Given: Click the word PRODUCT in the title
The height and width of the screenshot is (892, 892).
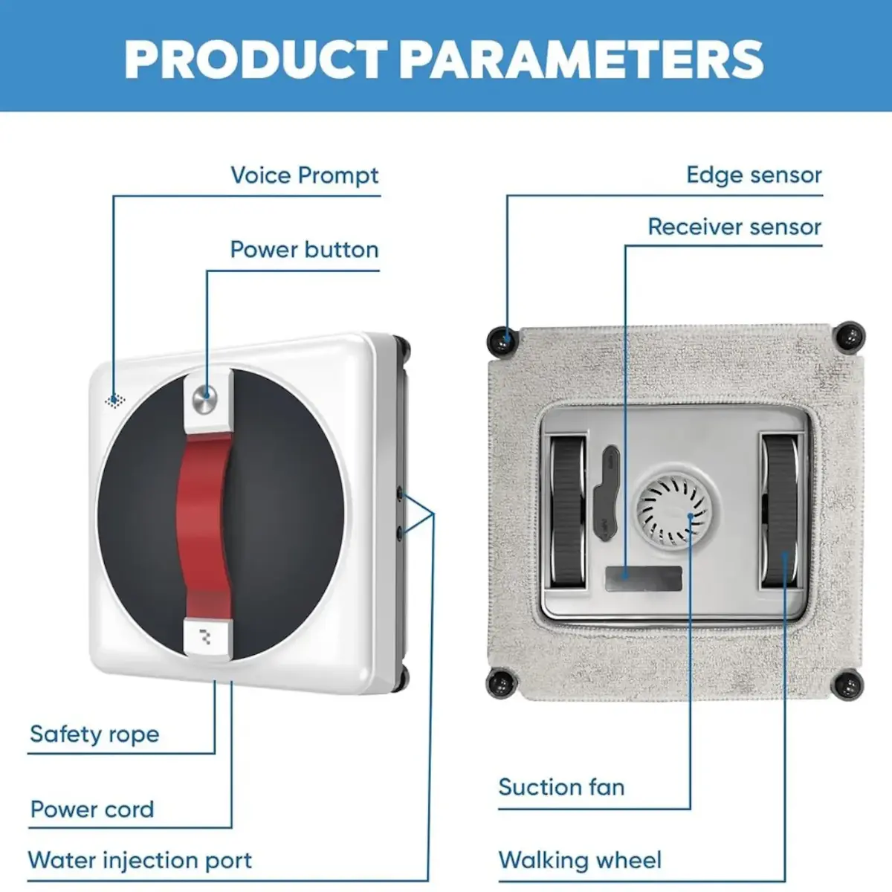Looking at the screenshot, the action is pyautogui.click(x=256, y=59).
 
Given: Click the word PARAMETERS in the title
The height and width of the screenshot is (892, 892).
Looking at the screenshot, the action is pyautogui.click(x=581, y=59).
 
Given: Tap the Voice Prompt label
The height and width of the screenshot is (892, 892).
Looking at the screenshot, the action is pyautogui.click(x=305, y=176).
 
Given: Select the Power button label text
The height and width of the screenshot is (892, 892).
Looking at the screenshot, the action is pyautogui.click(x=305, y=250).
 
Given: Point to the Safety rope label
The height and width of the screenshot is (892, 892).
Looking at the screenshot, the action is pyautogui.click(x=94, y=734).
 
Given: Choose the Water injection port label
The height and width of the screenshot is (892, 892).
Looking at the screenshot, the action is pyautogui.click(x=140, y=860).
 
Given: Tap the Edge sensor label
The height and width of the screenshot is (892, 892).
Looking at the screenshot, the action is pyautogui.click(x=754, y=175).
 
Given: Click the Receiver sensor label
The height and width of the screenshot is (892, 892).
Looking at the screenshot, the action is pyautogui.click(x=734, y=227).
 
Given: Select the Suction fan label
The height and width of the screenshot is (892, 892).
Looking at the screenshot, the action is pyautogui.click(x=561, y=787).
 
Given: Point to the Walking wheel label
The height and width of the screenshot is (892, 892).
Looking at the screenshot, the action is pyautogui.click(x=580, y=860).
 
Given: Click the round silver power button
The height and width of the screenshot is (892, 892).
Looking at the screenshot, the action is pyautogui.click(x=205, y=398).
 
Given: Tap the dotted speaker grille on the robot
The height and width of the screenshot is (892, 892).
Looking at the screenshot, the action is pyautogui.click(x=114, y=401).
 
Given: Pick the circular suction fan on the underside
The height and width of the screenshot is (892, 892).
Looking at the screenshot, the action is pyautogui.click(x=673, y=512).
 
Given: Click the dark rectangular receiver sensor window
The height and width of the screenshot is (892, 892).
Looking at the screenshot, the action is pyautogui.click(x=644, y=578).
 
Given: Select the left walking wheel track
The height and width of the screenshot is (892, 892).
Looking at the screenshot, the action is pyautogui.click(x=566, y=512).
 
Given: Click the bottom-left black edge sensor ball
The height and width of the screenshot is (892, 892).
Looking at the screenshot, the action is pyautogui.click(x=500, y=683).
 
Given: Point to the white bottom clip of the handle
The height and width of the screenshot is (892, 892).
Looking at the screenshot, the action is pyautogui.click(x=207, y=637).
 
